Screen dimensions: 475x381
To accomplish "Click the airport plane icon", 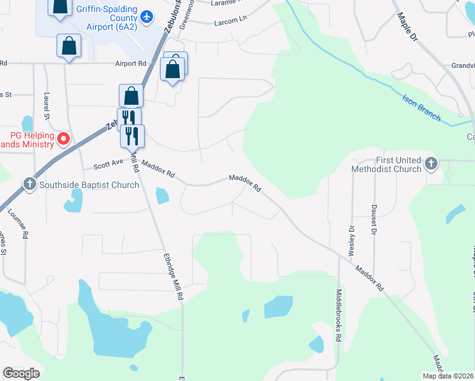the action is (x=147, y=16).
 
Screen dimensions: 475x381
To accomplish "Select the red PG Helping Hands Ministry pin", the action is (x=64, y=138).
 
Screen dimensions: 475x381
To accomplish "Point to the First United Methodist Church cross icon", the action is (x=431, y=164).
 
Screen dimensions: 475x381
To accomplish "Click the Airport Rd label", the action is (x=130, y=63).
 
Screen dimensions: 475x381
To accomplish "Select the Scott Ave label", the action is (x=108, y=165).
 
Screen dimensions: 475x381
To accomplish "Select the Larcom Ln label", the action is (x=231, y=20).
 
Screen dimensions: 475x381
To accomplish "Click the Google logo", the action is (x=21, y=373).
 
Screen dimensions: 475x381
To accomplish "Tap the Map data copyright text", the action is (x=448, y=376).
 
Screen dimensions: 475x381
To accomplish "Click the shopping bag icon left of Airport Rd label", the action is (x=69, y=46).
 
